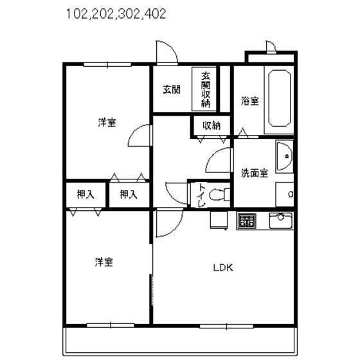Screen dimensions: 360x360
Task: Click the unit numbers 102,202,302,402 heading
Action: pyautogui.click(x=116, y=14)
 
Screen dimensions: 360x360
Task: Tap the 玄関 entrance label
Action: pyautogui.click(x=172, y=89)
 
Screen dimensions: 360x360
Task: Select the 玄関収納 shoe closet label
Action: pyautogui.click(x=206, y=89)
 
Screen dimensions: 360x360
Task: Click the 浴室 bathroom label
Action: pyautogui.click(x=250, y=101)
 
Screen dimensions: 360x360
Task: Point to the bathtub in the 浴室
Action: pyautogui.click(x=280, y=98)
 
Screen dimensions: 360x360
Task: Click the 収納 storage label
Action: pyautogui.click(x=212, y=125)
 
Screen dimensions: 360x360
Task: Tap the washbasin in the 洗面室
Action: pyautogui.click(x=285, y=156)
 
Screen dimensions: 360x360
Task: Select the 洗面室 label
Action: pyautogui.click(x=255, y=173)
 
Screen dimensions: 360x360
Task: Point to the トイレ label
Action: pyautogui.click(x=202, y=195)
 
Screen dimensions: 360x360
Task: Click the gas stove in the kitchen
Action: pyautogui.click(x=247, y=221)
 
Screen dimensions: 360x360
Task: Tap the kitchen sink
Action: pyautogui.click(x=281, y=221)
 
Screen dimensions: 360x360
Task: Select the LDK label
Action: pyautogui.click(x=223, y=267)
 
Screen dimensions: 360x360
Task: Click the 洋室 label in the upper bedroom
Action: pyautogui.click(x=107, y=122)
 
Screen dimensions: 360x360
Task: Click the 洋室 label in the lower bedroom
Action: pyautogui.click(x=104, y=262)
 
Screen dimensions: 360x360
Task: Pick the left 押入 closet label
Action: pyautogui.click(x=85, y=195)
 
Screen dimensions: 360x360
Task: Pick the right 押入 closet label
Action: pyautogui.click(x=129, y=195)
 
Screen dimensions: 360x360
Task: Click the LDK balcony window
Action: pyautogui.click(x=226, y=327)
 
